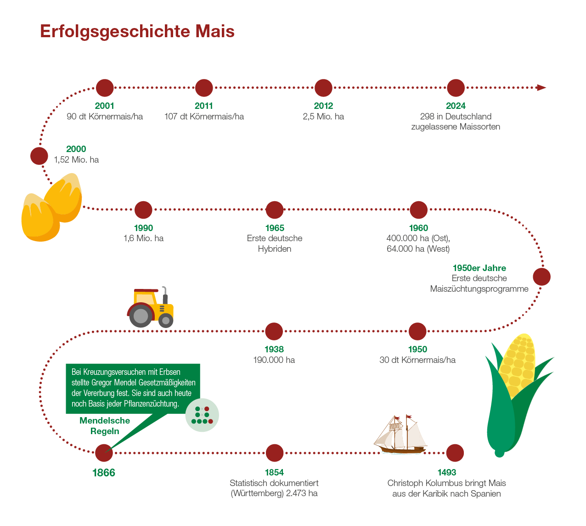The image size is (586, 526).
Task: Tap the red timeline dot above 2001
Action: point(105,88)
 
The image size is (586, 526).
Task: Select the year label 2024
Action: point(456,106)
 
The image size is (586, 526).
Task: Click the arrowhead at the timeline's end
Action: point(541,88)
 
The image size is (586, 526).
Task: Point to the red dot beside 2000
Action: point(39,156)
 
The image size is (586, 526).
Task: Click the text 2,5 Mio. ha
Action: point(323,117)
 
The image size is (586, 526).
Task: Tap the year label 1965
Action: point(275,228)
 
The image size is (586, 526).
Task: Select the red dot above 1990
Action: point(143,210)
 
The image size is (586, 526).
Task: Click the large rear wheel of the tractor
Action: point(141,316)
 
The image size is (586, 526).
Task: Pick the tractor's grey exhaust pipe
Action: point(164,294)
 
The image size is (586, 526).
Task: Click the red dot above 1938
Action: point(274,331)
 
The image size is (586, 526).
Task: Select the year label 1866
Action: point(104,473)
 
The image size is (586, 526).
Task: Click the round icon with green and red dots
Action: point(202,415)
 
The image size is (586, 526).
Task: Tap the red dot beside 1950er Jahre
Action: point(541,277)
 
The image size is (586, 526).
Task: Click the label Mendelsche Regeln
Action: point(105,426)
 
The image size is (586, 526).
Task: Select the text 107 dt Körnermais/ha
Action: point(204,117)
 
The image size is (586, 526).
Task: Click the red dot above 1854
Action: point(275,453)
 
